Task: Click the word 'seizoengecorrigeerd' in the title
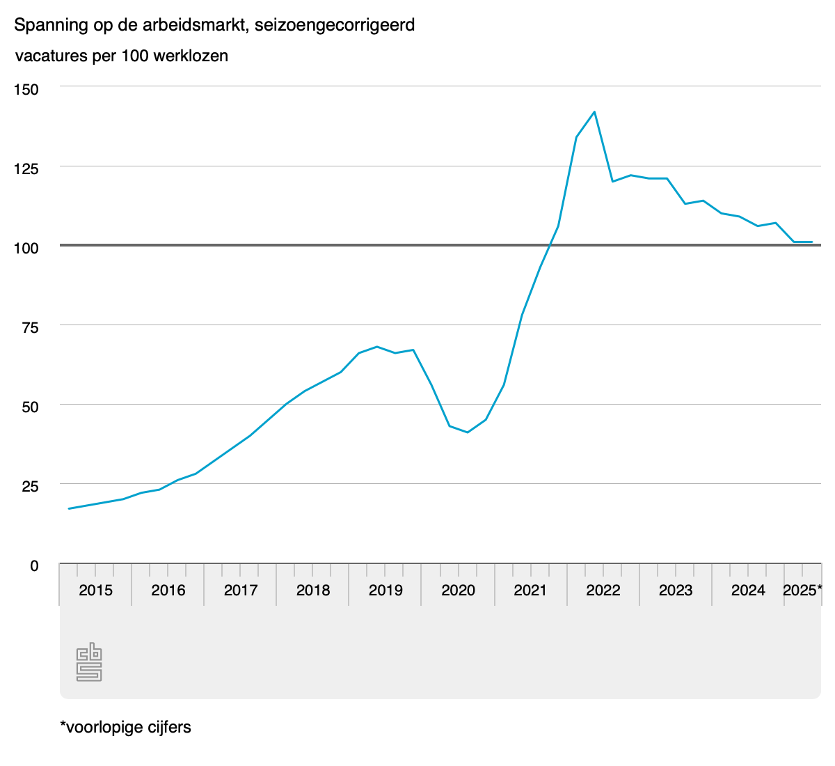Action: pyautogui.click(x=335, y=26)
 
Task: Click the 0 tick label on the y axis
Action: pyautogui.click(x=34, y=566)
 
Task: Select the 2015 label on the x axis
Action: pyautogui.click(x=95, y=591)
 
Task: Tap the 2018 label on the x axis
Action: pyautogui.click(x=313, y=591)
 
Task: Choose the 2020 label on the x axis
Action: pyautogui.click(x=458, y=591)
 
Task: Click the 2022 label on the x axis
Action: pyautogui.click(x=603, y=591)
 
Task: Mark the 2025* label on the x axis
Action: pyautogui.click(x=802, y=591)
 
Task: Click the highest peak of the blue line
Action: pyautogui.click(x=594, y=111)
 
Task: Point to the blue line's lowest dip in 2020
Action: pyautogui.click(x=468, y=432)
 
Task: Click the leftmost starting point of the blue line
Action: pyautogui.click(x=68, y=508)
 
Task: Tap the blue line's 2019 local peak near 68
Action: pyautogui.click(x=376, y=347)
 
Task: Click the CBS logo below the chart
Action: pyautogui.click(x=89, y=663)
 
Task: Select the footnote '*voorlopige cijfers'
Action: pyautogui.click(x=125, y=728)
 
